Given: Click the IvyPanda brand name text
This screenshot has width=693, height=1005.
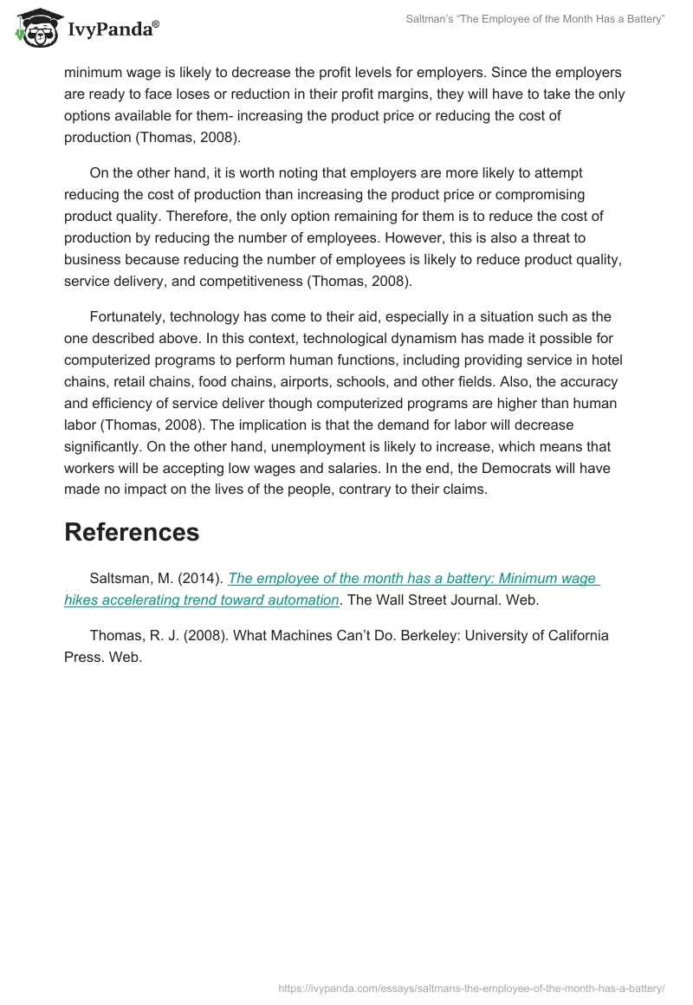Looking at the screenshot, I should [113, 30].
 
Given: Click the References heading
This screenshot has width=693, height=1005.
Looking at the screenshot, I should [132, 532].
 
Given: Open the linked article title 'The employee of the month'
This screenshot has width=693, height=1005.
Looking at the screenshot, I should [413, 579].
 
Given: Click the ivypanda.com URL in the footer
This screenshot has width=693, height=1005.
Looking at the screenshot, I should [471, 987].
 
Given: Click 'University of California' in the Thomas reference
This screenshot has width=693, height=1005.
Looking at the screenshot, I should [537, 635].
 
